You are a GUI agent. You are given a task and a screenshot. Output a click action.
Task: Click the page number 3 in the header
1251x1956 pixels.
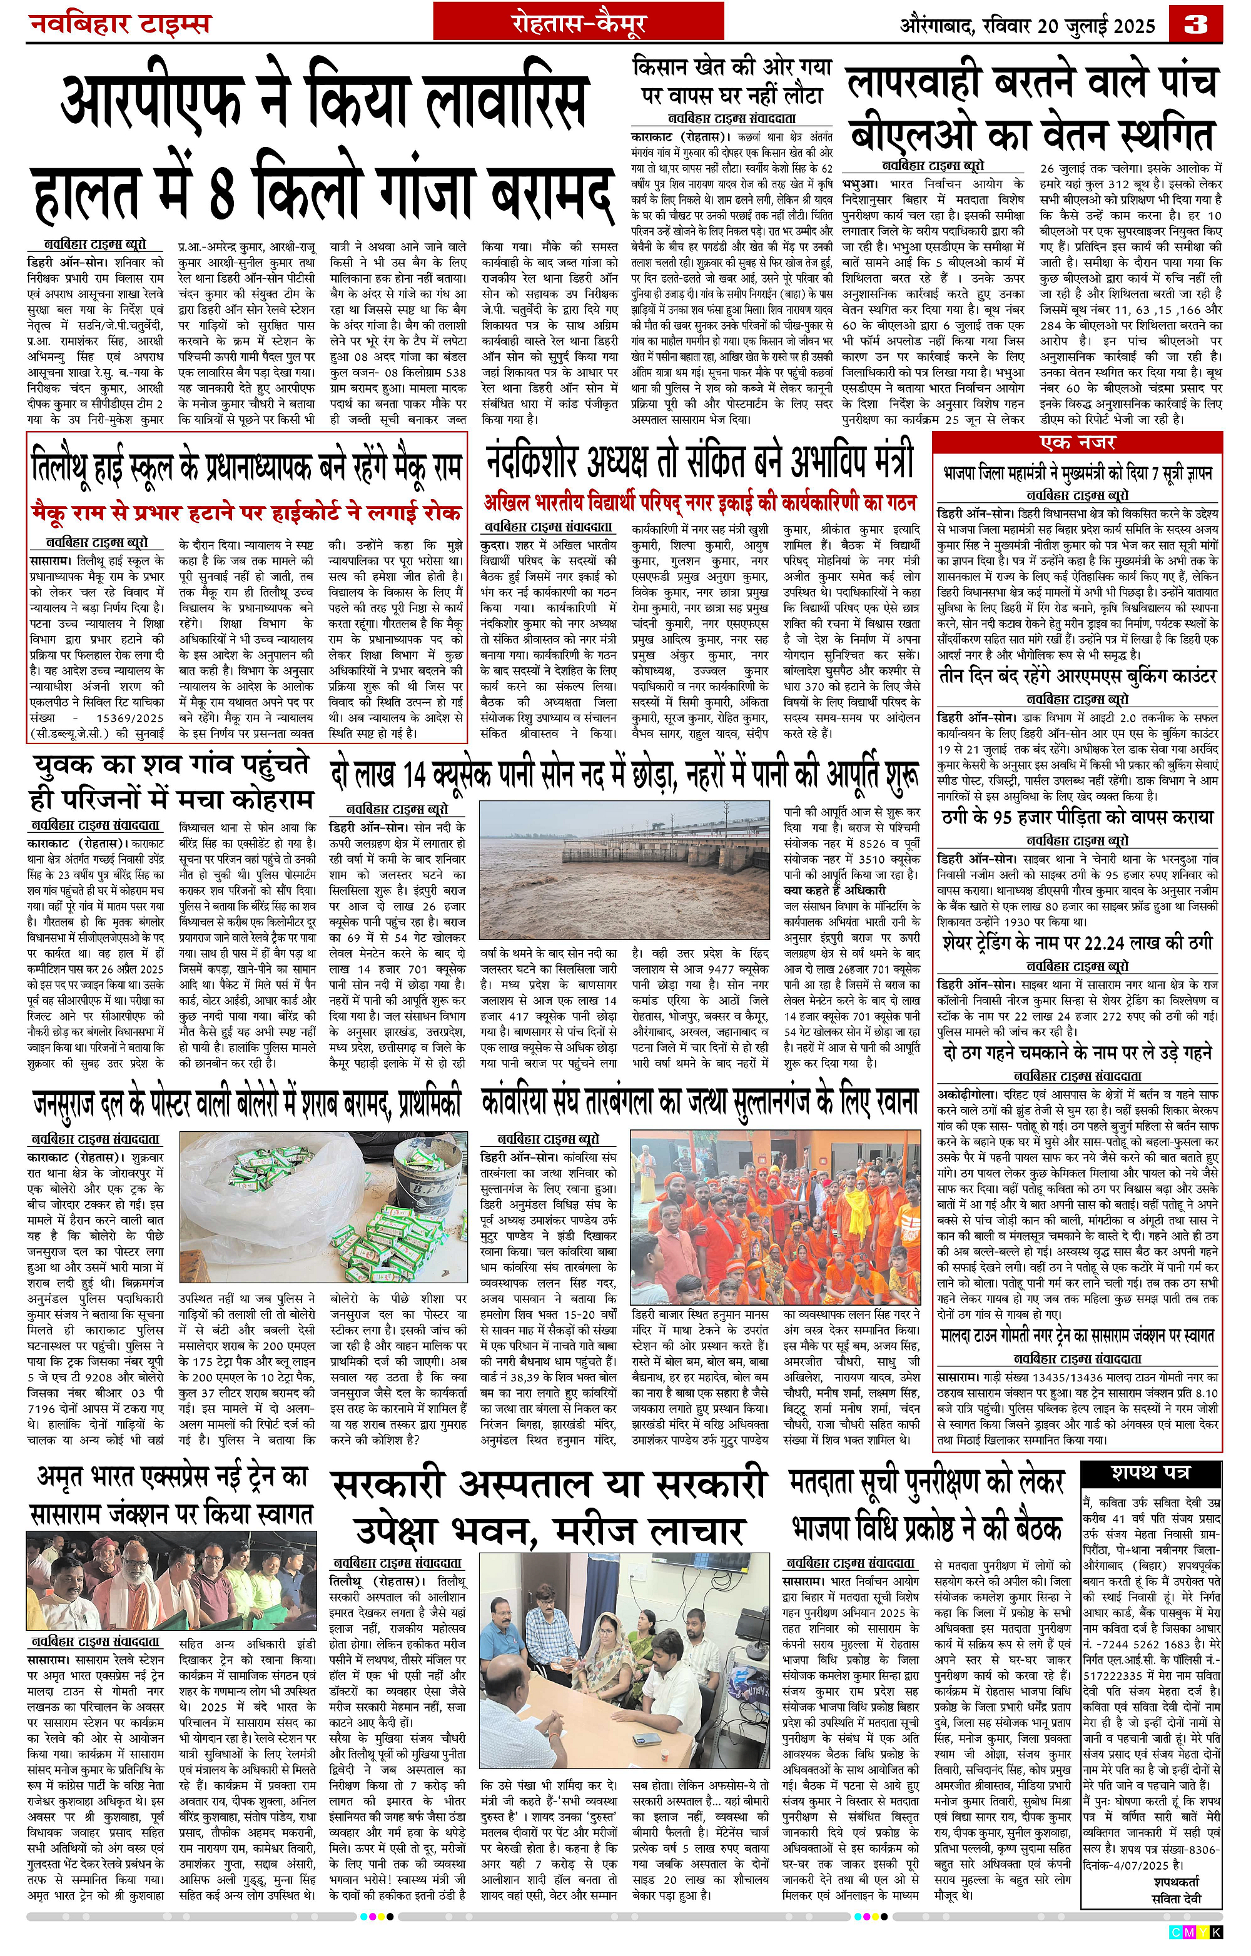(x=1196, y=24)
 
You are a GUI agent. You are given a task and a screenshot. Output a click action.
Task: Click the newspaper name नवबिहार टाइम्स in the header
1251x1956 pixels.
(x=120, y=24)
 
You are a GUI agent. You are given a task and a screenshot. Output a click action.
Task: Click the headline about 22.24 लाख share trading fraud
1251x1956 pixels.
(x=1077, y=943)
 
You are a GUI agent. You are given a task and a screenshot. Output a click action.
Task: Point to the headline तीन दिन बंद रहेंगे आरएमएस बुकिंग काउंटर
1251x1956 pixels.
(x=1077, y=676)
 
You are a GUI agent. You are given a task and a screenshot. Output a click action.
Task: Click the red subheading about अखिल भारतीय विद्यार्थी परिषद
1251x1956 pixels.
(x=699, y=503)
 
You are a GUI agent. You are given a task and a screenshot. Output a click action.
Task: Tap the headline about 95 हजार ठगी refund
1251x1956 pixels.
(x=1077, y=817)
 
